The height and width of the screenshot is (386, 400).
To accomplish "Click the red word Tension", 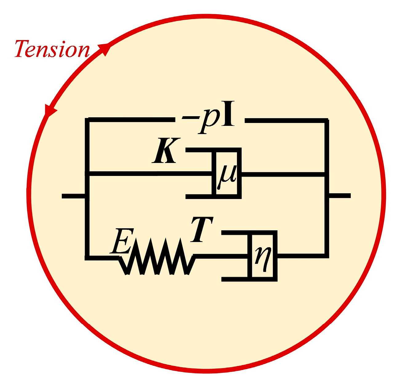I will coord(52,49).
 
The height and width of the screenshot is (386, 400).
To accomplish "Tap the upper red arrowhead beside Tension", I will coord(105,49).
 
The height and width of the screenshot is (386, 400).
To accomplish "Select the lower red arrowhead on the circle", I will coord(50,110).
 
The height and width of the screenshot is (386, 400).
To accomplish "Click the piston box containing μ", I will coord(227,173).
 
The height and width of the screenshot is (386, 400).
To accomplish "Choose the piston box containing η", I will coord(264,255).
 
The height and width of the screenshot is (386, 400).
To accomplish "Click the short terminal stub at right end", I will coord(339,196).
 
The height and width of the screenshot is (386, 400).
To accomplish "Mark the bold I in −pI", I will coord(228,117).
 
